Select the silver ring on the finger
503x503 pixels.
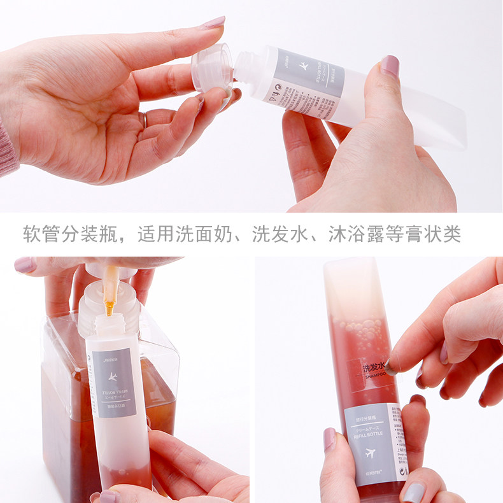click(144, 119)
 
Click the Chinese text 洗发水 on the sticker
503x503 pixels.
click(372, 368)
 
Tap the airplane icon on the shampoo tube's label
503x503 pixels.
click(370, 455)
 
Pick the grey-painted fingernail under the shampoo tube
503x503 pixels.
click(414, 493)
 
